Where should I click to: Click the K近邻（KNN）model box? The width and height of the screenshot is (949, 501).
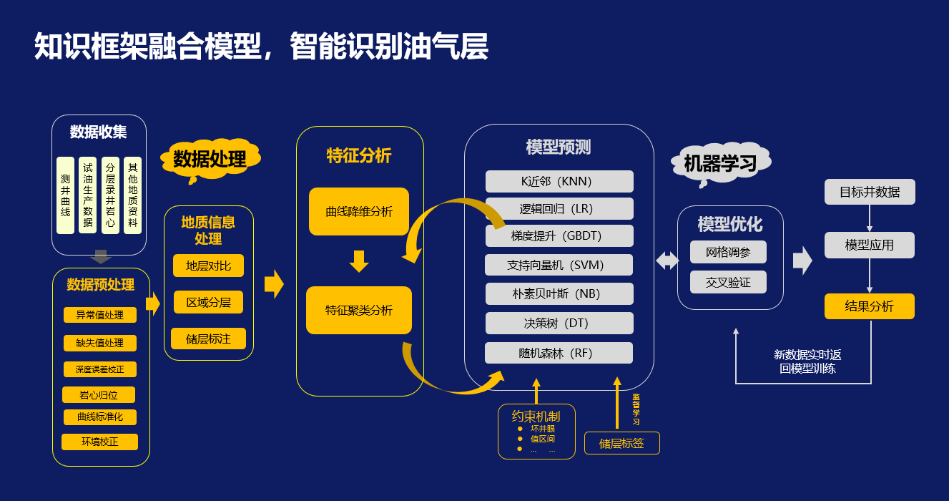click(559, 181)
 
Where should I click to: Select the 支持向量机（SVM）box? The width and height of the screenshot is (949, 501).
click(559, 265)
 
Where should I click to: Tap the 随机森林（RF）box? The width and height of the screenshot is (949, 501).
click(559, 353)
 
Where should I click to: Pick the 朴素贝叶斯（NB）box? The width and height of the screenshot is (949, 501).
click(559, 294)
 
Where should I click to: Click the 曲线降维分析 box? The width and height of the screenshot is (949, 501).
click(359, 212)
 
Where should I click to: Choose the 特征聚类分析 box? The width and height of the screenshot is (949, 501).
click(359, 311)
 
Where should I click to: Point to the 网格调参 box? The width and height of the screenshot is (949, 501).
click(728, 252)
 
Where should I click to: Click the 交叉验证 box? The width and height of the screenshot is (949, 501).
click(728, 282)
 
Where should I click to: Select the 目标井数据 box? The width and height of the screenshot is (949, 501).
click(870, 192)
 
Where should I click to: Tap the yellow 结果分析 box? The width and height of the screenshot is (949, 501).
click(870, 306)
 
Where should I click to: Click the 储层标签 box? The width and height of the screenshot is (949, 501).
click(621, 443)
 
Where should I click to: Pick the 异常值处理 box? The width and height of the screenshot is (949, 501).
click(99, 315)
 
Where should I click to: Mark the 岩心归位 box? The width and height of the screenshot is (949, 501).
click(99, 395)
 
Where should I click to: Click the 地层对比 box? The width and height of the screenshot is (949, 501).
click(208, 266)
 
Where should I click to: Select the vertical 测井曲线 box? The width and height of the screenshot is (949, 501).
click(65, 195)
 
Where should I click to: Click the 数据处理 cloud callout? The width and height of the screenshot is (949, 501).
click(210, 159)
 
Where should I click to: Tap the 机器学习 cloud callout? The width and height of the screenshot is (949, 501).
click(720, 164)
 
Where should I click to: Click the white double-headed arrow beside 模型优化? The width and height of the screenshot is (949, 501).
click(667, 261)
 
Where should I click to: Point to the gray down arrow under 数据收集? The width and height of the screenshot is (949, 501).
click(101, 257)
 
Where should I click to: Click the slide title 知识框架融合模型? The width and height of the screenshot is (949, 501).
click(149, 47)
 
